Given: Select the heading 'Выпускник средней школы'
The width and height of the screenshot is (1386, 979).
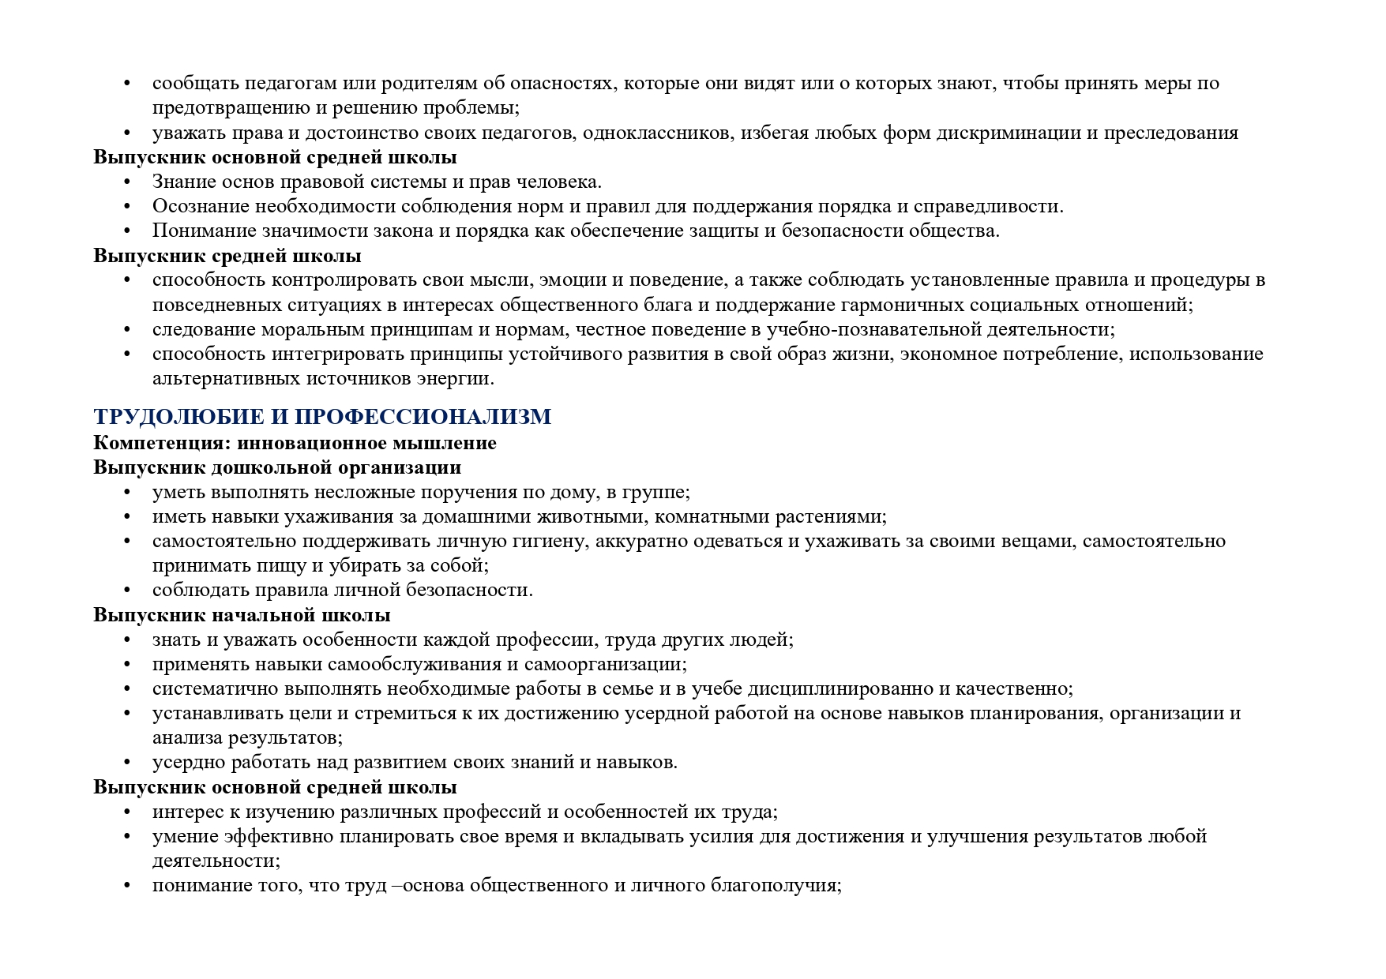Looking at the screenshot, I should pyautogui.click(x=227, y=256).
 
